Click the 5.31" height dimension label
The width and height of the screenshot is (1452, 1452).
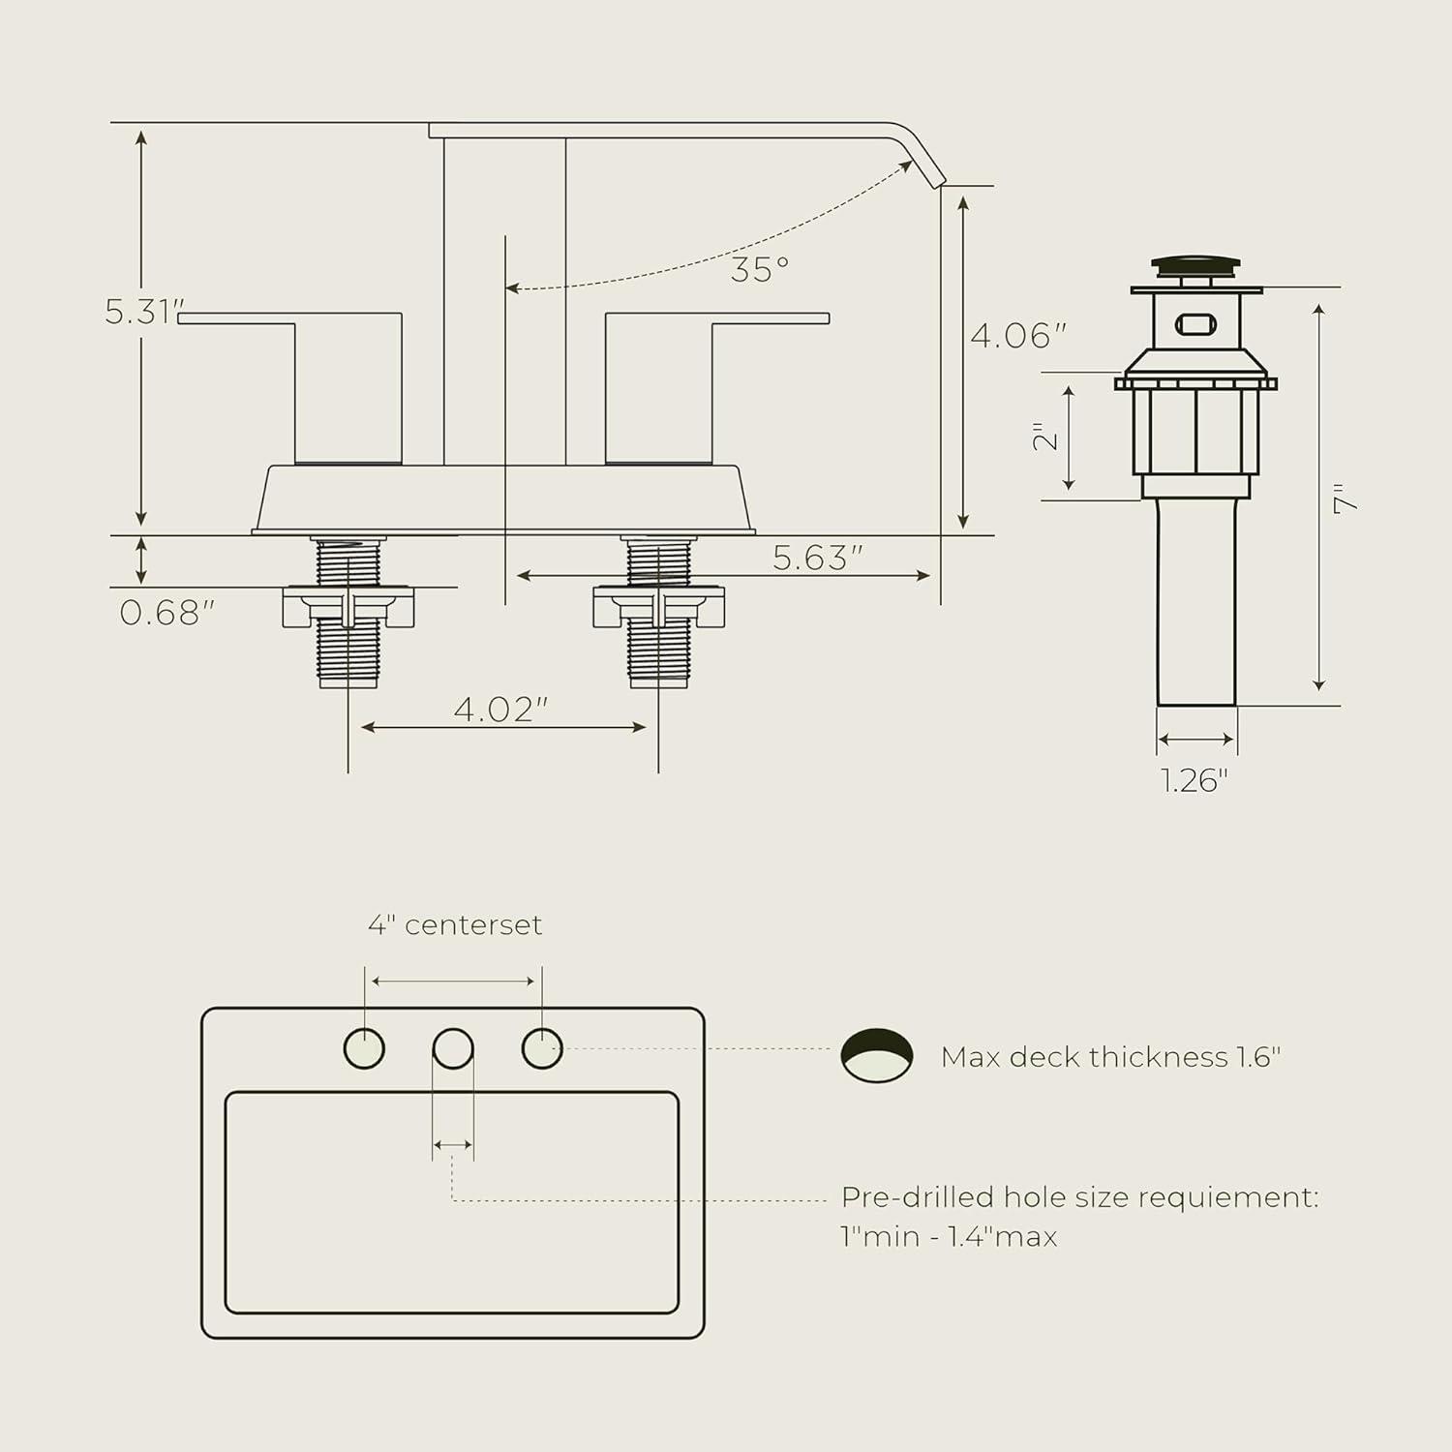pos(143,312)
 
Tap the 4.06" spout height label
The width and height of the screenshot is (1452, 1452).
pos(1017,336)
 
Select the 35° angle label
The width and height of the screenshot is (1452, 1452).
pos(760,270)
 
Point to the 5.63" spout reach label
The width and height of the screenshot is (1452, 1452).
pos(817,558)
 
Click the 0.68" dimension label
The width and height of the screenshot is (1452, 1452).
pos(166,613)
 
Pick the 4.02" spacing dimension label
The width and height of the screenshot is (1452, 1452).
pos(500,710)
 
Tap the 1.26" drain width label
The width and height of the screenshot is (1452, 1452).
pos(1195,779)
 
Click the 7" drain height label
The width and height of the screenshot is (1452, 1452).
pos(1345,499)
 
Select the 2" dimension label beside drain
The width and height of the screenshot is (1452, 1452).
pos(1045,437)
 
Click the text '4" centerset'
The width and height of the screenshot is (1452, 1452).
pos(455,925)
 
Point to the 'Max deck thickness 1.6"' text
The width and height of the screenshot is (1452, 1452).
pos(1110,1057)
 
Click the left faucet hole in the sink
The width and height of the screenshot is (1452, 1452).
pos(365,1048)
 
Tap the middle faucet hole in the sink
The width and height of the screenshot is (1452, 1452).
pos(453,1048)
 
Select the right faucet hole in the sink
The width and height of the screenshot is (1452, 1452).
pos(542,1048)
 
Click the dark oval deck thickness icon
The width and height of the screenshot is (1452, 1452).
pos(876,1055)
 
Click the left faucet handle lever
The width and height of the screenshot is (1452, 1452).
pos(238,318)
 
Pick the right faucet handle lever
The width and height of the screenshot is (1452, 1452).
pos(770,318)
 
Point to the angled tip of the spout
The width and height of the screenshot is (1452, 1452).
pos(926,165)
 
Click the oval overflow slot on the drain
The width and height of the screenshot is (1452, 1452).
pos(1195,323)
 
